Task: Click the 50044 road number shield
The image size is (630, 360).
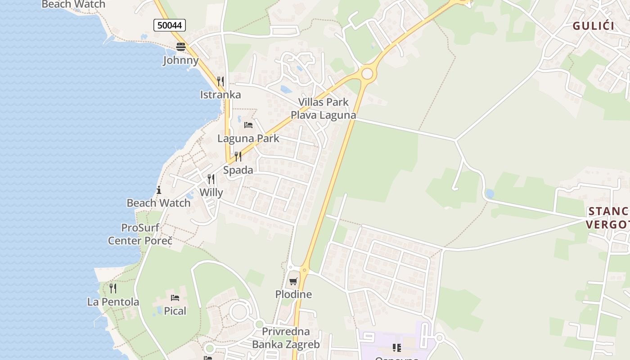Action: (x=170, y=25)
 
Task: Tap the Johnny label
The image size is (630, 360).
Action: (x=180, y=60)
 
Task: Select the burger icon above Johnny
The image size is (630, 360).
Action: (x=180, y=46)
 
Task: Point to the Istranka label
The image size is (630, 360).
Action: (x=220, y=94)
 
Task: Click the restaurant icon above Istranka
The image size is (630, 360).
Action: (x=220, y=81)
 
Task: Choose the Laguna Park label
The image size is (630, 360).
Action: (x=248, y=139)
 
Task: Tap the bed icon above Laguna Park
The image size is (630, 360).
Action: (x=248, y=125)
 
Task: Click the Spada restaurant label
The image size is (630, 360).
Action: (x=238, y=170)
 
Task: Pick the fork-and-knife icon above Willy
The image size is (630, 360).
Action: (x=211, y=179)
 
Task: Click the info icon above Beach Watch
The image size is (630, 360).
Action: (x=158, y=190)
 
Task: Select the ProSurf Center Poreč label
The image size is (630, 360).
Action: (x=140, y=234)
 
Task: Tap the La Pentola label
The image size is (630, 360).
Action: (x=113, y=301)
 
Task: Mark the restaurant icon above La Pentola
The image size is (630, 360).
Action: (x=113, y=288)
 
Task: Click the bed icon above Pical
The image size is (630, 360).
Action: (x=175, y=297)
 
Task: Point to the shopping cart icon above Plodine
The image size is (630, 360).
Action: (x=293, y=281)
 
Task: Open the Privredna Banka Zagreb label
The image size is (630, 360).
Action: (x=286, y=338)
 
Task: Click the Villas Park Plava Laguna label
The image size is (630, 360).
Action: (x=323, y=108)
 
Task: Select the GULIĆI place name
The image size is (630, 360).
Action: (x=594, y=26)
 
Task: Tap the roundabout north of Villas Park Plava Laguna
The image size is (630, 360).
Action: (x=368, y=73)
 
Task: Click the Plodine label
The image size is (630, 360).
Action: (x=293, y=294)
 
